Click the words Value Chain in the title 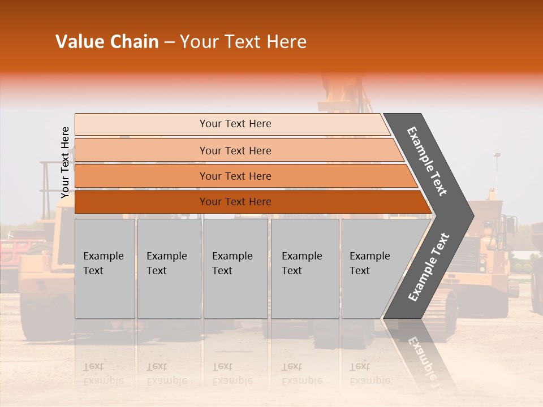pyautogui.click(x=107, y=42)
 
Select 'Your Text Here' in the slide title pyautogui.click(x=243, y=42)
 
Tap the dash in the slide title pyautogui.click(x=169, y=42)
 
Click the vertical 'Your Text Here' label pyautogui.click(x=65, y=162)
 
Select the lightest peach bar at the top pyautogui.click(x=235, y=124)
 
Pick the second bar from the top pyautogui.click(x=235, y=150)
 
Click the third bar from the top pyautogui.click(x=235, y=176)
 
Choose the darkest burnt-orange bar pyautogui.click(x=235, y=202)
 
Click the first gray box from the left pyautogui.click(x=105, y=269)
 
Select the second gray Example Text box pyautogui.click(x=169, y=269)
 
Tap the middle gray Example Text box pyautogui.click(x=235, y=269)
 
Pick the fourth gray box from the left pyautogui.click(x=304, y=269)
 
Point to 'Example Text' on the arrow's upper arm pyautogui.click(x=427, y=161)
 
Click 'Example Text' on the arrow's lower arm pyautogui.click(x=429, y=267)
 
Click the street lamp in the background pyautogui.click(x=497, y=155)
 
